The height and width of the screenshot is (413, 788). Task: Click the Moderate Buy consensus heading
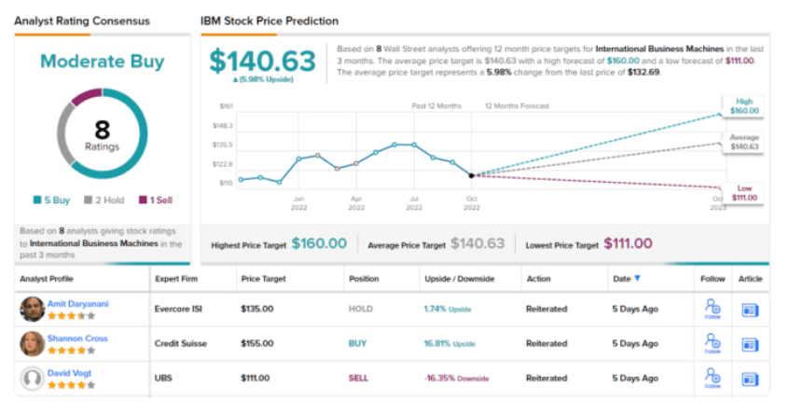102,62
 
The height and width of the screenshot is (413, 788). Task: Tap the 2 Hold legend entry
104,200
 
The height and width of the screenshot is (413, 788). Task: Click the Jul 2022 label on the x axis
413,202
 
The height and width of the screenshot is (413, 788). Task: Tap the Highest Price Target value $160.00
318,243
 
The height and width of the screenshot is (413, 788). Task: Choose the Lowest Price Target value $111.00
628,243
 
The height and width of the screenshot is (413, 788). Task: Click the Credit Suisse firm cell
178,343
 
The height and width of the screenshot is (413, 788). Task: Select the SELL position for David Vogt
358,378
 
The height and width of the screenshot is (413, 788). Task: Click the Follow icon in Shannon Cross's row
712,343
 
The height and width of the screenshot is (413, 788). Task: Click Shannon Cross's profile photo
32,343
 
